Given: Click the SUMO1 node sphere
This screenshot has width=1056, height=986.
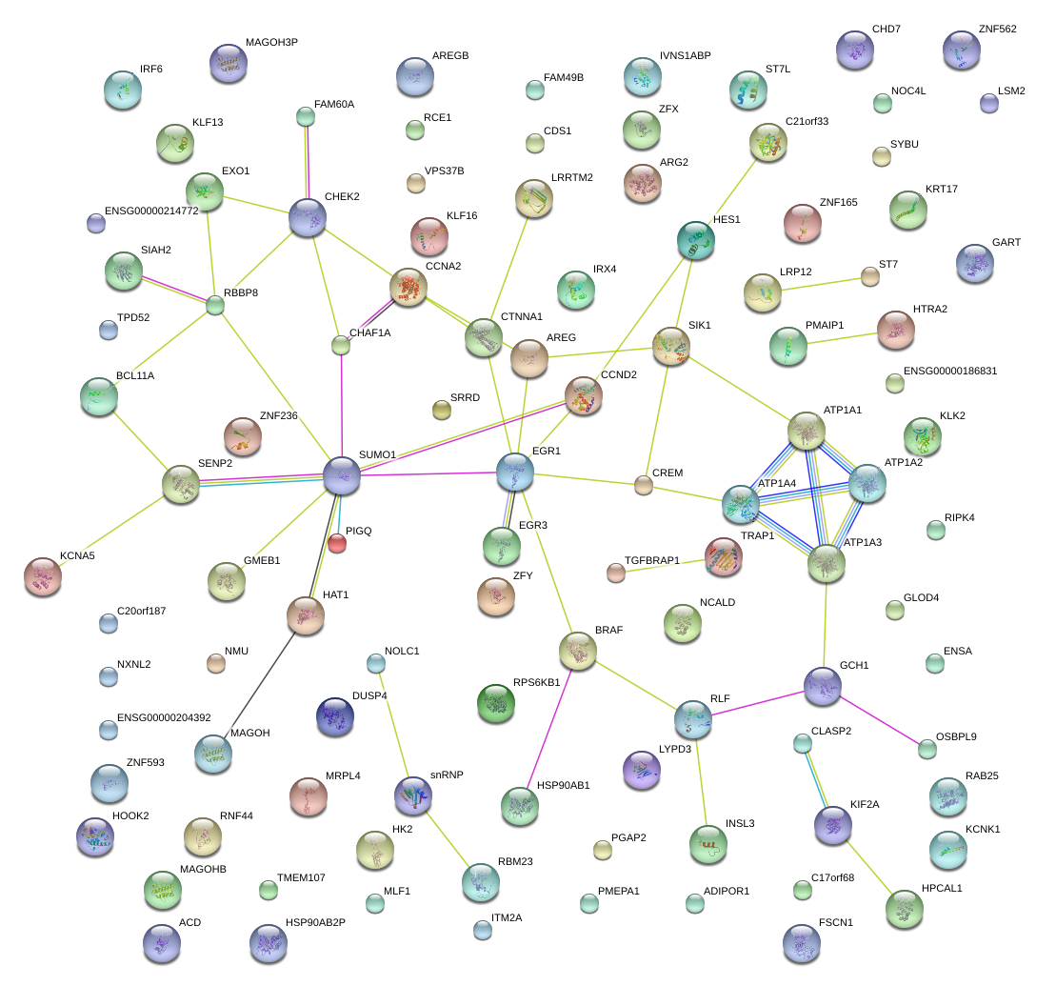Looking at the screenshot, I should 342,475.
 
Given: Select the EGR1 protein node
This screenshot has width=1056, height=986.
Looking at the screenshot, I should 514,471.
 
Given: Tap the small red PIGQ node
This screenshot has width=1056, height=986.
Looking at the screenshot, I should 337,543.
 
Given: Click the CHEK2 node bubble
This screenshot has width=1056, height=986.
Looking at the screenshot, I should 308,217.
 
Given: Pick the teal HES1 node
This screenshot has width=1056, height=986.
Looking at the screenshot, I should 695,240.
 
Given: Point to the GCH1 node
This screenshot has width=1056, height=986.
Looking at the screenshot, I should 823,686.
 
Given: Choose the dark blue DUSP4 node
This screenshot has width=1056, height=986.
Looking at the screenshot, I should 334,716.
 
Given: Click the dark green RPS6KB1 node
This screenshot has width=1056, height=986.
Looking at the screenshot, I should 495,703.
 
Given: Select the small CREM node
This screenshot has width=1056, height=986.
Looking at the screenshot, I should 644,486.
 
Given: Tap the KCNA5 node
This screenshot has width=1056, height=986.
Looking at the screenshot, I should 42,576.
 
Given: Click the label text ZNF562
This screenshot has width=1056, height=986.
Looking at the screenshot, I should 997,29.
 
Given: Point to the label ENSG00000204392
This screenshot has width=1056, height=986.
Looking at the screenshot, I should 164,717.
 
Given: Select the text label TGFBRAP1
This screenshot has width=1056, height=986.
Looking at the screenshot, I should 652,560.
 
